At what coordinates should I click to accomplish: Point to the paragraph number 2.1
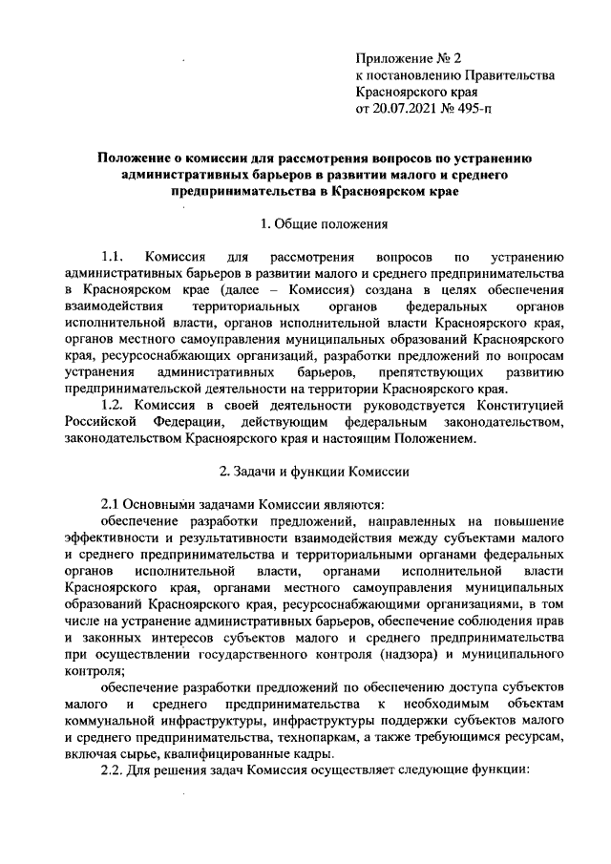pos(113,503)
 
